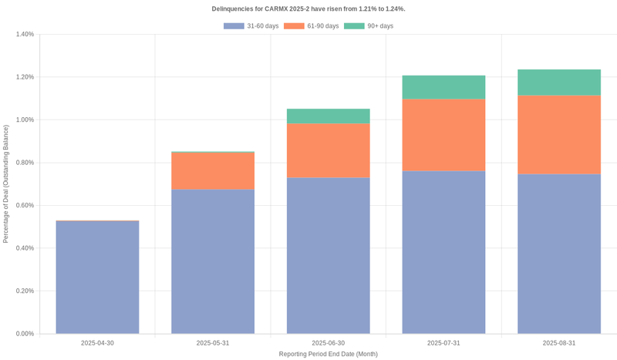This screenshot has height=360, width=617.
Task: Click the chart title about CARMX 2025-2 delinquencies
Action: click(x=308, y=8)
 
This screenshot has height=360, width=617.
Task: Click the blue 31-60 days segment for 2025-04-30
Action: click(x=97, y=278)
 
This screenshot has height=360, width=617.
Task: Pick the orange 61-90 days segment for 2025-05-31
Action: click(x=213, y=170)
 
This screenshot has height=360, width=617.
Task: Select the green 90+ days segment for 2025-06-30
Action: click(x=328, y=116)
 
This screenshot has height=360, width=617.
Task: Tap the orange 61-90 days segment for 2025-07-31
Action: click(x=443, y=135)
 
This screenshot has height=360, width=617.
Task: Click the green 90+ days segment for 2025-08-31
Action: click(x=559, y=82)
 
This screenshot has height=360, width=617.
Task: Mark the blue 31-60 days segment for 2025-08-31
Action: click(x=559, y=254)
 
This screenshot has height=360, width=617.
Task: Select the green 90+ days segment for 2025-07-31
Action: click(x=443, y=87)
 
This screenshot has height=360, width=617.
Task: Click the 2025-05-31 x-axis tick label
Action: click(x=213, y=343)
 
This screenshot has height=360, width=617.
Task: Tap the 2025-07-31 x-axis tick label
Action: click(x=443, y=343)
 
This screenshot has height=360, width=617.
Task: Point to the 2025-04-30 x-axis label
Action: click(x=97, y=343)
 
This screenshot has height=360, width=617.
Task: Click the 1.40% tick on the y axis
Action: click(x=25, y=35)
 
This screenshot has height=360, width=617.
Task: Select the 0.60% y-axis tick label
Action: click(x=25, y=206)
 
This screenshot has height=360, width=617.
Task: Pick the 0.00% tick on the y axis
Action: click(x=25, y=334)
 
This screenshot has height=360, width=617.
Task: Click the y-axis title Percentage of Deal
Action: click(x=6, y=183)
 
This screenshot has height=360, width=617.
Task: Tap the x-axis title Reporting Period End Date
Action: click(x=328, y=354)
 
